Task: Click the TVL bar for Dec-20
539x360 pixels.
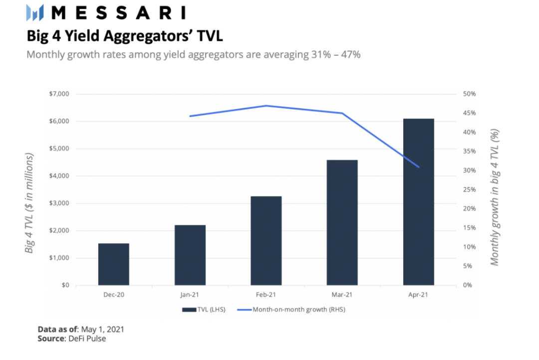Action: click(x=114, y=264)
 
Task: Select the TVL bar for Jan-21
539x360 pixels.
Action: click(x=190, y=255)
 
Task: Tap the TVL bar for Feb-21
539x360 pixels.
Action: click(x=266, y=241)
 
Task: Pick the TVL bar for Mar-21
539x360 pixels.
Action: click(x=342, y=223)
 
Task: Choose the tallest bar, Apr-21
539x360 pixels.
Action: click(x=418, y=202)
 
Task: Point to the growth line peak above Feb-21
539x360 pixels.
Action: click(x=266, y=106)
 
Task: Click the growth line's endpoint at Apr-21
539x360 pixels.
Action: click(x=418, y=167)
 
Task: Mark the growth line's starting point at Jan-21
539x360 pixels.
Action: click(x=190, y=116)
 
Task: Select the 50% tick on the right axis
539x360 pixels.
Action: click(x=469, y=94)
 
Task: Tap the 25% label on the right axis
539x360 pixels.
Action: click(x=469, y=189)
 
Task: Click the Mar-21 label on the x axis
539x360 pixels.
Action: click(x=342, y=295)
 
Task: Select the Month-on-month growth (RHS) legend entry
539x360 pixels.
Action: click(x=292, y=310)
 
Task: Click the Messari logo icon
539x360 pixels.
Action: click(x=35, y=12)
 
